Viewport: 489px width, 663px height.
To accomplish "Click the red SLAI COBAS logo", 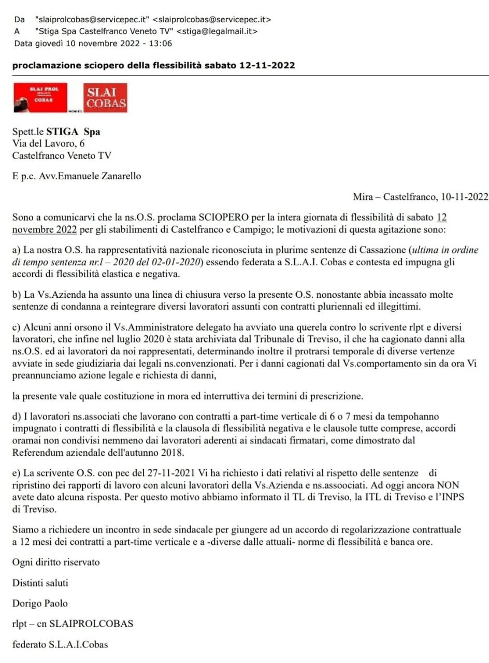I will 105,98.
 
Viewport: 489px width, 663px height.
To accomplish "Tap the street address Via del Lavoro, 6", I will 49,143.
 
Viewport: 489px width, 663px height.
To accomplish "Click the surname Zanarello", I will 116,176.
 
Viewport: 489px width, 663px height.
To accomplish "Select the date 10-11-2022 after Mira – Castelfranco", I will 464,196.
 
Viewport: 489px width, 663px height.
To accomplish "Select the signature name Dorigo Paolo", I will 40,603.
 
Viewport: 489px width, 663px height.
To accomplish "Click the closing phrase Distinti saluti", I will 40,583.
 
